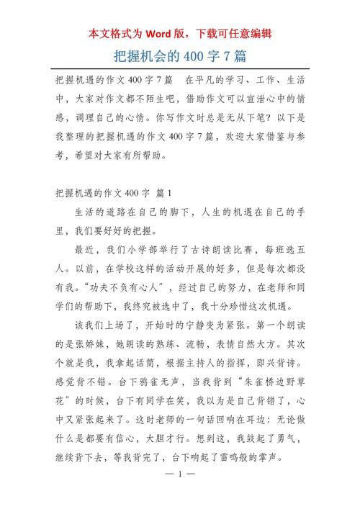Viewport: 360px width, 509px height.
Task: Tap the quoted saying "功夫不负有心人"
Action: [x=126, y=287]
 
